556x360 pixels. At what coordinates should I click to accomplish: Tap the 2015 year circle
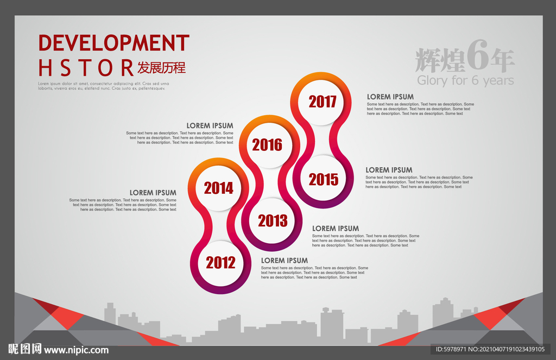click(323, 179)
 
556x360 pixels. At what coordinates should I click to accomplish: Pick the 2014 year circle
click(218, 188)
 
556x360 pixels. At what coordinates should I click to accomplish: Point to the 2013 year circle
click(273, 220)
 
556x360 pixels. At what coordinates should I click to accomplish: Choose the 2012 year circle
click(220, 263)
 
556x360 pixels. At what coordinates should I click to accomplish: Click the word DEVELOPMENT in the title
click(114, 43)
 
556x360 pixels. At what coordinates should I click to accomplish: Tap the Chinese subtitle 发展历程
click(162, 67)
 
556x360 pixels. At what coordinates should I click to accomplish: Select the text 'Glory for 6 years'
click(465, 80)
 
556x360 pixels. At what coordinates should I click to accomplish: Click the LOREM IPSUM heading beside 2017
click(390, 97)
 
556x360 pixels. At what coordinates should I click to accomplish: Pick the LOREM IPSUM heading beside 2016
click(210, 125)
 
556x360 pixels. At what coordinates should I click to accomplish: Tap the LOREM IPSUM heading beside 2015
click(389, 170)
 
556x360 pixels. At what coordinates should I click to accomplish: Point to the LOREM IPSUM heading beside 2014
click(153, 193)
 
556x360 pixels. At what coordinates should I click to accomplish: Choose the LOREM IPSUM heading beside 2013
click(336, 229)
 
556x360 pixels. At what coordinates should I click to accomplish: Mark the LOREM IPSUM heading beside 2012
click(285, 260)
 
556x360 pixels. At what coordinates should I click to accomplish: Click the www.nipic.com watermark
click(76, 350)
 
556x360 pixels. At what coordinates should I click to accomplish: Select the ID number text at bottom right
click(490, 349)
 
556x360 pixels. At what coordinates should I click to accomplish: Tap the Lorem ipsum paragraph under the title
click(104, 86)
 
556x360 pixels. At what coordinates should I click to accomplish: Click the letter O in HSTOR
click(105, 68)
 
